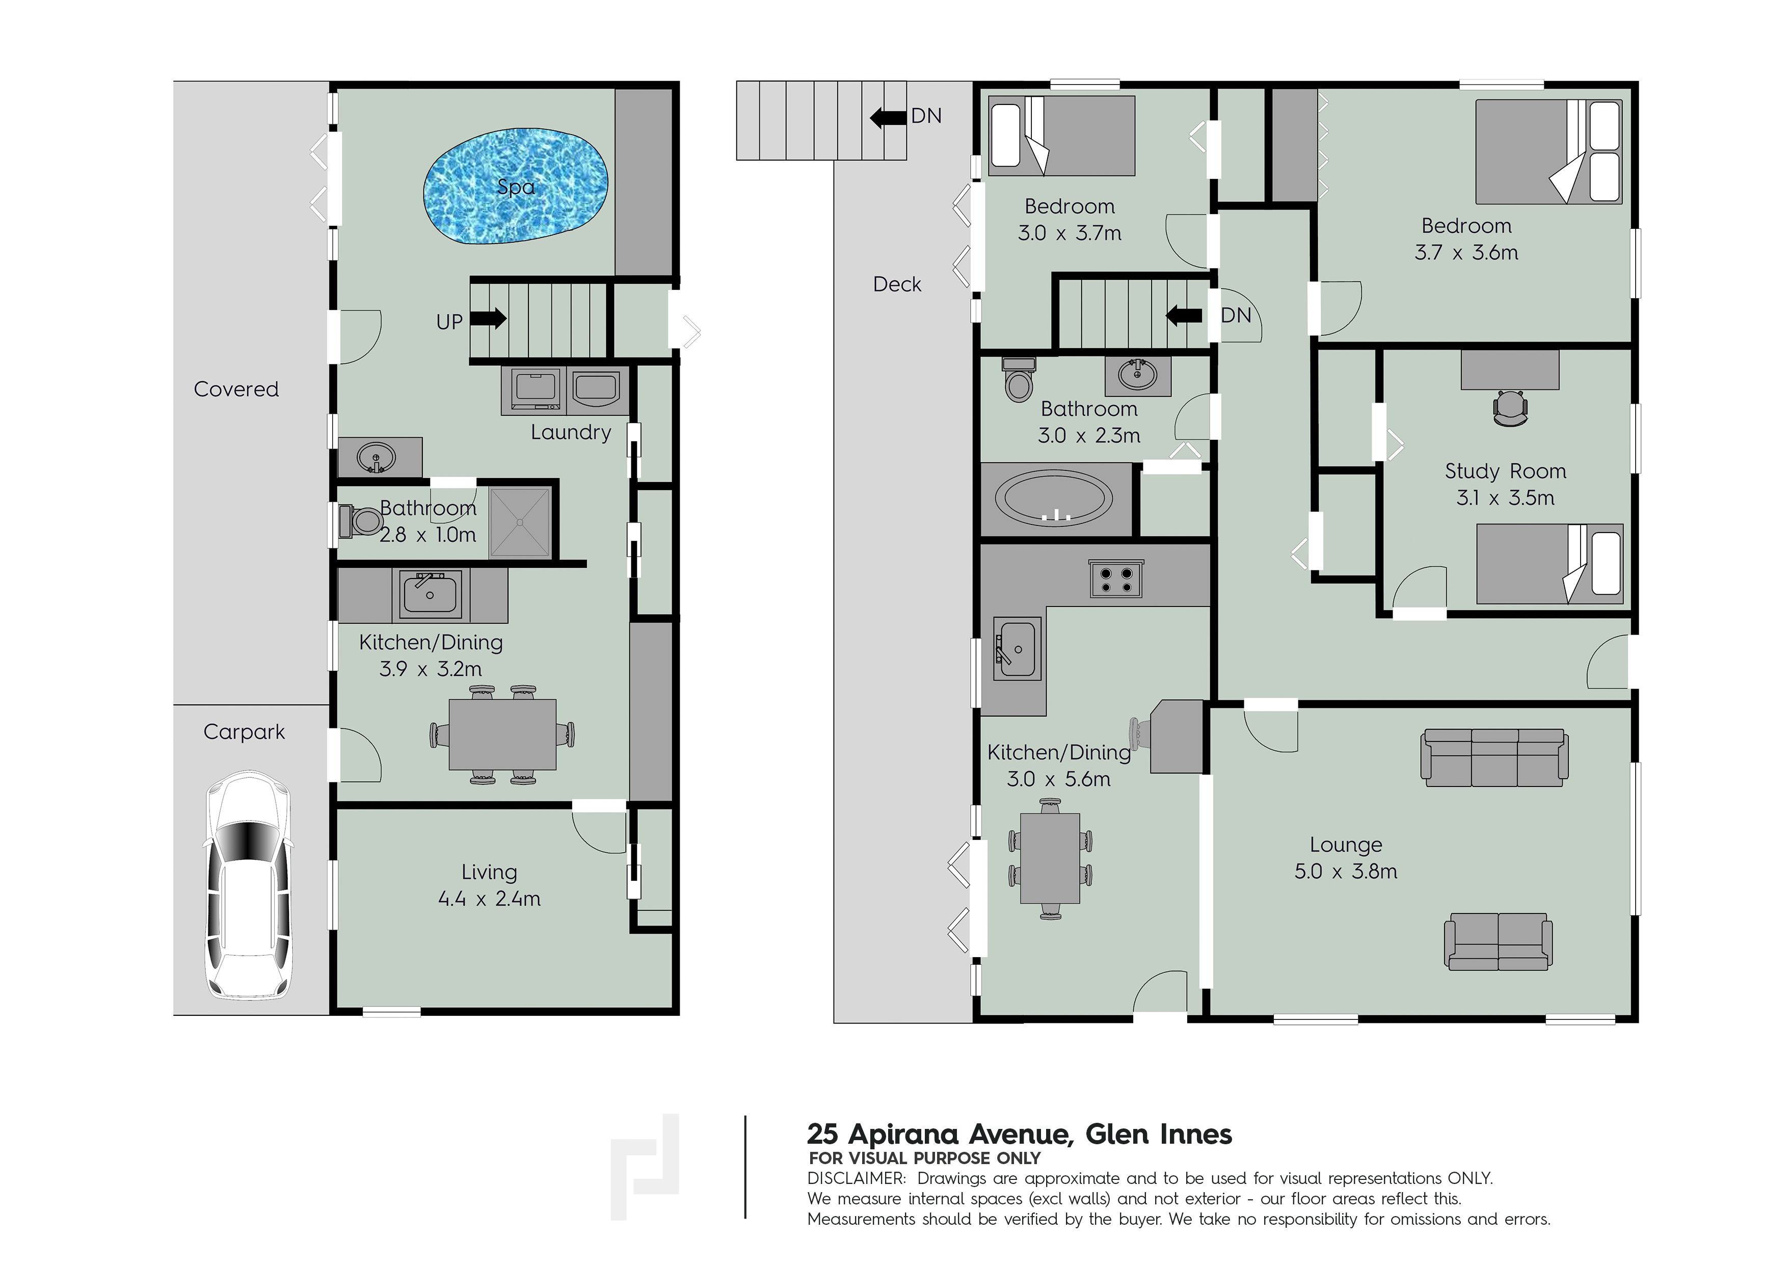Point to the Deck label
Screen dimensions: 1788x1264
tap(897, 284)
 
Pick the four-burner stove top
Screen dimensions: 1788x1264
tap(1115, 578)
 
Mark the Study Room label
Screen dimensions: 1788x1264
tap(1505, 471)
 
